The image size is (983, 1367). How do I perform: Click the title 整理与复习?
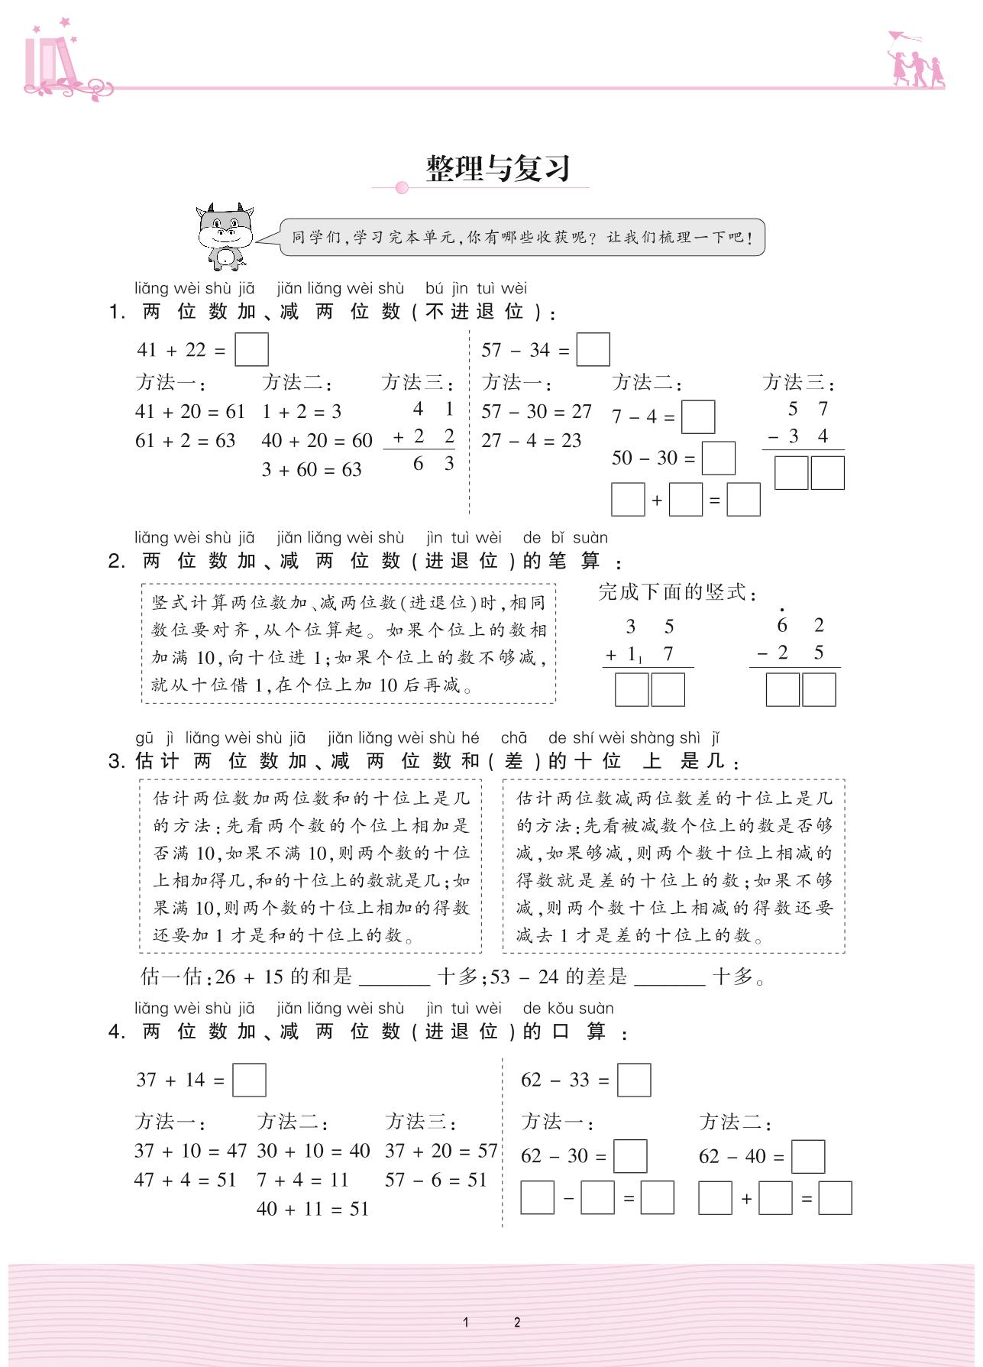[x=498, y=168]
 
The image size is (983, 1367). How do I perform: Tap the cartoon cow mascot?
[x=223, y=236]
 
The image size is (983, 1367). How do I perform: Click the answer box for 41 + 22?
[x=251, y=350]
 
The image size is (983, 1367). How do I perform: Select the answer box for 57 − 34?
[x=593, y=350]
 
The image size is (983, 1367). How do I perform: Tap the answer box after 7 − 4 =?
[x=697, y=417]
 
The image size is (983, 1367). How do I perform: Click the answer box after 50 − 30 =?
[x=718, y=458]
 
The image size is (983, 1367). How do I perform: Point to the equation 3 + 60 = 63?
[x=312, y=469]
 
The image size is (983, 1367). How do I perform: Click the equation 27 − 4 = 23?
[x=532, y=441]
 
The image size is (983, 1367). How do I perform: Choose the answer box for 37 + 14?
[x=249, y=1080]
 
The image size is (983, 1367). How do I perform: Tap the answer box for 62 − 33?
[x=634, y=1080]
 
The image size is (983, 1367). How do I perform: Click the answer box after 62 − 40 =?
[x=808, y=1157]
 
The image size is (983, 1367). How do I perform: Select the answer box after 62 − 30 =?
[x=630, y=1157]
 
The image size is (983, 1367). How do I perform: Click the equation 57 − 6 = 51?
[x=436, y=1180]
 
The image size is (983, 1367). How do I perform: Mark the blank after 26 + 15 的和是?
[x=394, y=978]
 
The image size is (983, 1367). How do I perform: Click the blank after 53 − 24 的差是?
[x=670, y=978]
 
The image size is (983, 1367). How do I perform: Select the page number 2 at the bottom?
[x=517, y=1322]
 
